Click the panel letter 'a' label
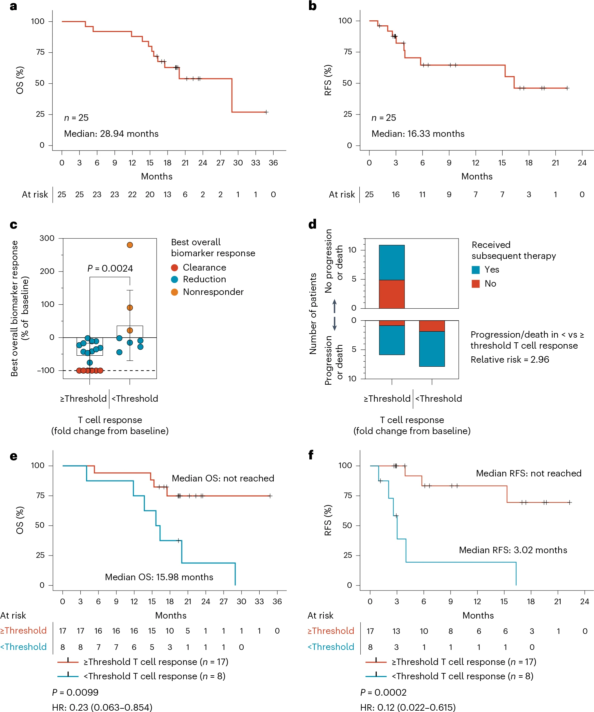pos(13,6)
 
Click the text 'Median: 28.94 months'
pos(111,133)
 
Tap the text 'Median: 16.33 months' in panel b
pos(418,133)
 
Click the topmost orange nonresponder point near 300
pos(130,245)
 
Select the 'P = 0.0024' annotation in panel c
pos(110,269)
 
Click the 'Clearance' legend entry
pos(204,268)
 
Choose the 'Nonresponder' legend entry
pos(213,292)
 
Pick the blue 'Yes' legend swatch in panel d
pos(476,270)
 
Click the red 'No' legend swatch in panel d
pos(476,284)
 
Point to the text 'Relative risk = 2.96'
pos(510,360)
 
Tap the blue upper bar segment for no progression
pos(391,263)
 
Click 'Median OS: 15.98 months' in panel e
pos(159,577)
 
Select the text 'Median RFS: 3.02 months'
pos(513,550)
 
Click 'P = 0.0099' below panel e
pos(75,692)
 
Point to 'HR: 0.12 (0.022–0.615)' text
pos(408,707)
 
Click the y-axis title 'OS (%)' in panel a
pos(20,80)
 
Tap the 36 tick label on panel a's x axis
pos(273,163)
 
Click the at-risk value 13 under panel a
pos(168,195)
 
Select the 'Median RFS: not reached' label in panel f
pos(528,473)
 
